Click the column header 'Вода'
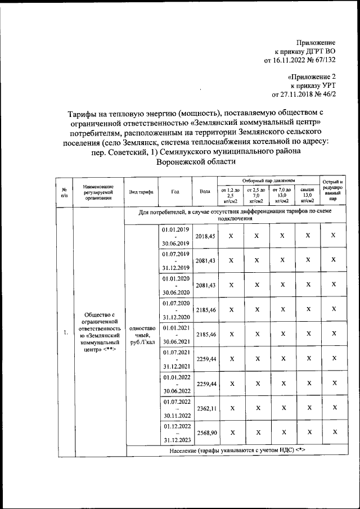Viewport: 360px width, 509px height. pyautogui.click(x=205, y=191)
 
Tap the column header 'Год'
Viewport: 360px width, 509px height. pyautogui.click(x=175, y=191)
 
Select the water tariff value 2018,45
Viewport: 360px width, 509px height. pyautogui.click(x=205, y=237)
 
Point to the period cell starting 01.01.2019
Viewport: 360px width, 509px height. pyautogui.click(x=175, y=237)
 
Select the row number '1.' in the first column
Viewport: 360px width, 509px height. pyautogui.click(x=65, y=333)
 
